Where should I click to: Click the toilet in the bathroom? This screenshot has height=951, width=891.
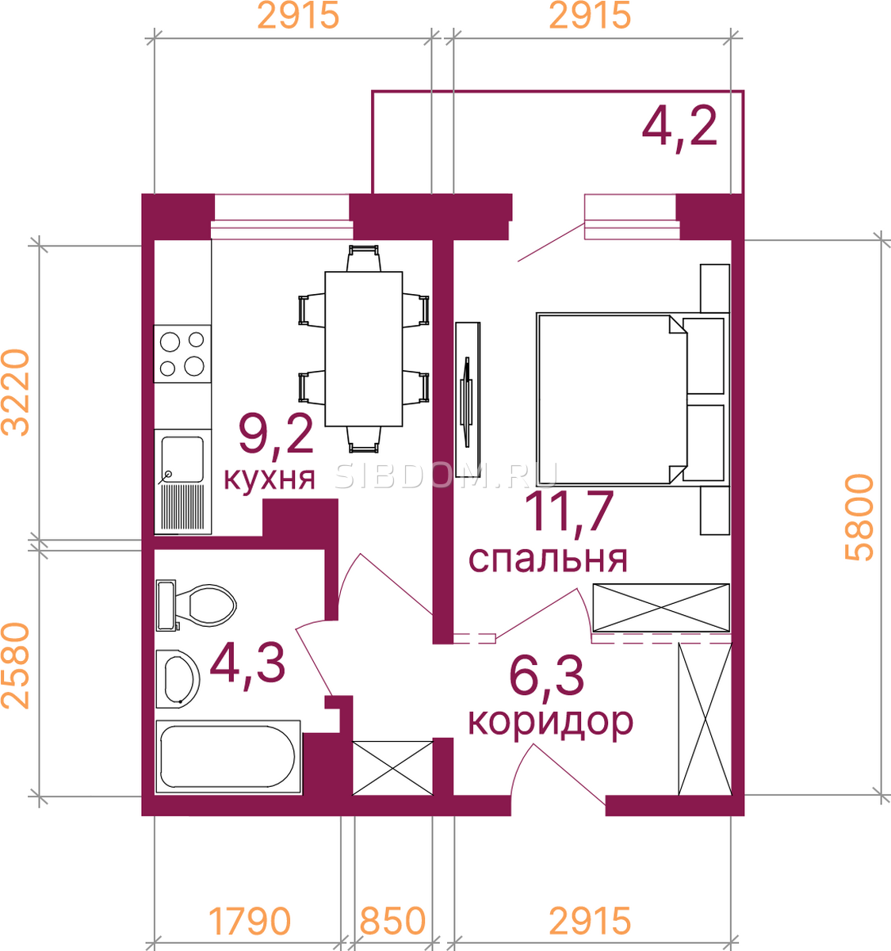[x=197, y=605]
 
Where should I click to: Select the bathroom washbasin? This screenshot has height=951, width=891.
[x=178, y=678]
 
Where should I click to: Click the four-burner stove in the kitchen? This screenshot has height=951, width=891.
[x=182, y=354]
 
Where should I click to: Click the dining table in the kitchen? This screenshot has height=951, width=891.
[x=364, y=349]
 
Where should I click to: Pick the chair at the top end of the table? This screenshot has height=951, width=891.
[x=364, y=258]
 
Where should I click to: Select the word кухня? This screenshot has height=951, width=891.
[x=270, y=478]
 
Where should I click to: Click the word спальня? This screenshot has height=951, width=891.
[x=548, y=559]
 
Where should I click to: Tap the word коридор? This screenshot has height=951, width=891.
[x=550, y=722]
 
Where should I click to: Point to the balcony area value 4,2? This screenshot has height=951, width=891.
[x=680, y=127]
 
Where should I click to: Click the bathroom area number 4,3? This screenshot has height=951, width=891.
[x=247, y=664]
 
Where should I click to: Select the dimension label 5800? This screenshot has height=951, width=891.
[x=859, y=518]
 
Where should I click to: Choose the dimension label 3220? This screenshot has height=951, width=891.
[x=16, y=392]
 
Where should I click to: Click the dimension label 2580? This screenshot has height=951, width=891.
[x=16, y=666]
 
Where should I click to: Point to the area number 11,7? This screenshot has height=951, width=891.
[x=569, y=514]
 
